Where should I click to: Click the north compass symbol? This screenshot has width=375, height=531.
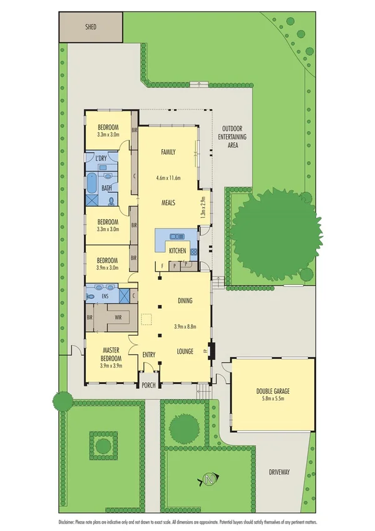[x=208, y=480]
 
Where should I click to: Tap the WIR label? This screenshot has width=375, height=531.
[x=118, y=317]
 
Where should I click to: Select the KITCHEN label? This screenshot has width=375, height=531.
[x=177, y=250]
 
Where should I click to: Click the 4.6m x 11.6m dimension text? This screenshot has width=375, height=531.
[x=168, y=178]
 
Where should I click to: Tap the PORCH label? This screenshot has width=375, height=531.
[x=148, y=385]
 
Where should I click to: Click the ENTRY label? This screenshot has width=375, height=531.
[x=148, y=355]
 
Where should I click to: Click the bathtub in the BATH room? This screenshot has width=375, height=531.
[x=91, y=183]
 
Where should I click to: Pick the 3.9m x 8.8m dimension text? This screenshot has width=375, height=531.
[x=185, y=326]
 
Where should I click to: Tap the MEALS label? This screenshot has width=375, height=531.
[x=168, y=202]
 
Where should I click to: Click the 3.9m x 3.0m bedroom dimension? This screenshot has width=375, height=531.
[x=108, y=267]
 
